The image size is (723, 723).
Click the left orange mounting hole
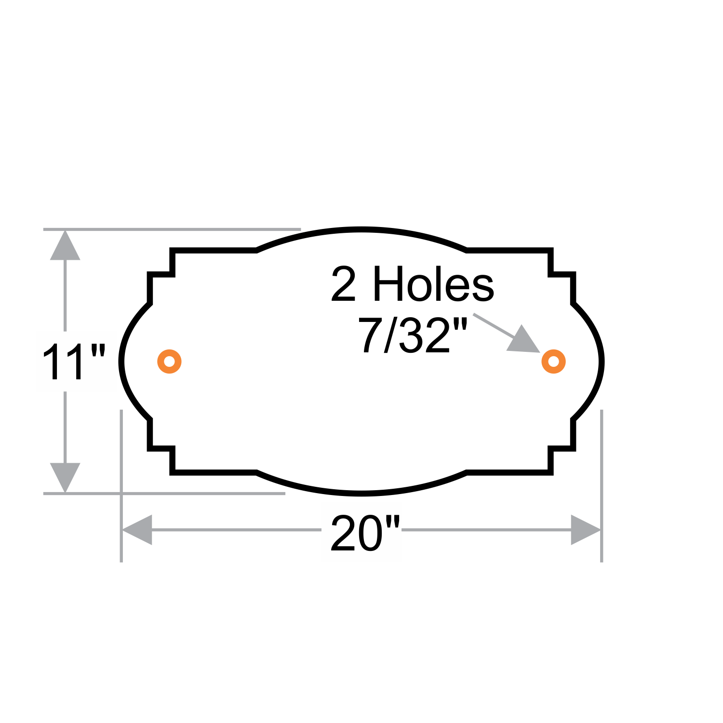click(x=169, y=361)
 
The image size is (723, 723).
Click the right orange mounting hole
click(x=553, y=361)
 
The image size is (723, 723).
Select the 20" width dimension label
click(x=365, y=534)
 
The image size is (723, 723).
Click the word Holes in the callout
click(x=433, y=284)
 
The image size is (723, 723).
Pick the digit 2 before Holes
click(x=343, y=284)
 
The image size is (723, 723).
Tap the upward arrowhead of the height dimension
click(x=65, y=246)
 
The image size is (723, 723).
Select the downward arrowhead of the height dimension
click(x=65, y=477)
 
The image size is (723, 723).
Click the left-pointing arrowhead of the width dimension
click(x=138, y=530)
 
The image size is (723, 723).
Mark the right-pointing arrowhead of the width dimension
click(x=585, y=530)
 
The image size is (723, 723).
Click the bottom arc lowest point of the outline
click(x=361, y=493)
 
